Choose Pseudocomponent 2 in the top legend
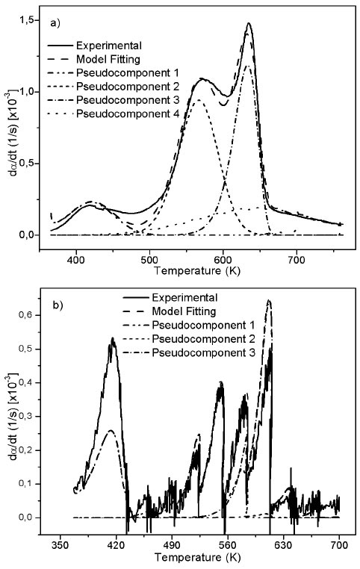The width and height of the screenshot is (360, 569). (x=131, y=87)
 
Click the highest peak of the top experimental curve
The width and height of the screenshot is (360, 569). (x=249, y=23)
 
